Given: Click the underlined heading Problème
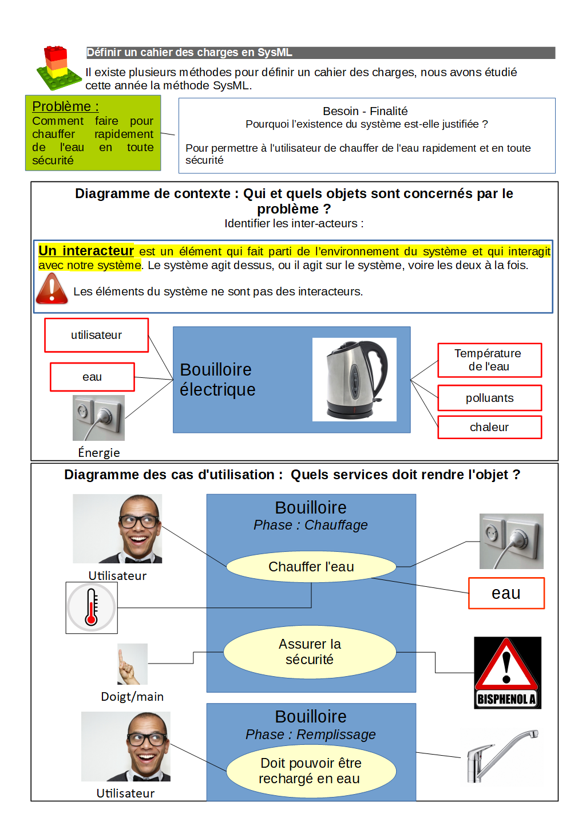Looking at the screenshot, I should pyautogui.click(x=65, y=106).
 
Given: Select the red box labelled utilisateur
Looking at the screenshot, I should pyautogui.click(x=96, y=335).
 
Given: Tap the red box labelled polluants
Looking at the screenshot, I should pyautogui.click(x=489, y=398).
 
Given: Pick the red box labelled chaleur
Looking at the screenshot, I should pyautogui.click(x=489, y=427).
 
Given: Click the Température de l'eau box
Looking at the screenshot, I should pyautogui.click(x=489, y=360).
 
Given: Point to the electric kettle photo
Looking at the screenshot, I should pyautogui.click(x=355, y=379).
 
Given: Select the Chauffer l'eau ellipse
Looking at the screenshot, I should pyautogui.click(x=311, y=567).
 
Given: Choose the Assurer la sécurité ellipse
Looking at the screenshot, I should pyautogui.click(x=310, y=652).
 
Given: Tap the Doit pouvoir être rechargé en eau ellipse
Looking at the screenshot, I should pyautogui.click(x=311, y=771).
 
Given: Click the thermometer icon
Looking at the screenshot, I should pyautogui.click(x=92, y=607).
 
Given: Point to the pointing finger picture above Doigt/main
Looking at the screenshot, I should pyautogui.click(x=132, y=664).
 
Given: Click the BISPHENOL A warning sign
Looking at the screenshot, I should pyautogui.click(x=507, y=673).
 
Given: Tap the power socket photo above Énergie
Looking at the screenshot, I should pyautogui.click(x=98, y=417).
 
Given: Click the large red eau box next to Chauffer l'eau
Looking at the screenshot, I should pyautogui.click(x=506, y=593).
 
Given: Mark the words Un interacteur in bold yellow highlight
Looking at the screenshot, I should pyautogui.click(x=86, y=251).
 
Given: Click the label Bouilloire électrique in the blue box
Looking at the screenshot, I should pyautogui.click(x=217, y=379).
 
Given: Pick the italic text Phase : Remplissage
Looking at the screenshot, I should pyautogui.click(x=311, y=735).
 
